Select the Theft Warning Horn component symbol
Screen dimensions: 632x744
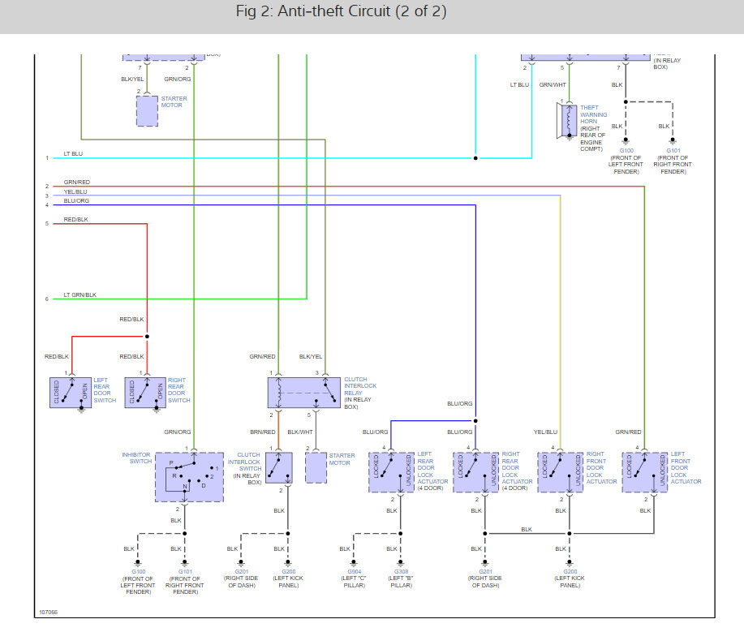(566, 120)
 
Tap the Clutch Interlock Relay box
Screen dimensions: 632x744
(304, 392)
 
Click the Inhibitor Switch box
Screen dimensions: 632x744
(188, 477)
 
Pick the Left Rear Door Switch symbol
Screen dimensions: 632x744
(71, 392)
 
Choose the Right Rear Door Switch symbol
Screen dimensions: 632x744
(145, 392)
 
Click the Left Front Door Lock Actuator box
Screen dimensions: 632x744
(645, 472)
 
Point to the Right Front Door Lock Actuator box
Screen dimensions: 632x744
(561, 472)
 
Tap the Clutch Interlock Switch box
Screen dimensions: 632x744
(278, 468)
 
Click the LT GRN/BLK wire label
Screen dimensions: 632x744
(80, 295)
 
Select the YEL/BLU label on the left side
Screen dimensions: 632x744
(75, 191)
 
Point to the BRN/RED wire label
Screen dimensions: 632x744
(261, 432)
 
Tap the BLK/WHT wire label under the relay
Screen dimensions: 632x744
(299, 432)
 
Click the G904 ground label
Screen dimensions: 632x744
(353, 571)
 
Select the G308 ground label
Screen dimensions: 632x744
(400, 571)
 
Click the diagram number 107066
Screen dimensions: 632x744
(48, 613)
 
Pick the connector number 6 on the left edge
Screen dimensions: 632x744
(47, 299)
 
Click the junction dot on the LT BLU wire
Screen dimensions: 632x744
(475, 157)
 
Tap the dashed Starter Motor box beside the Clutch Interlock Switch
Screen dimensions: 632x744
(316, 468)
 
